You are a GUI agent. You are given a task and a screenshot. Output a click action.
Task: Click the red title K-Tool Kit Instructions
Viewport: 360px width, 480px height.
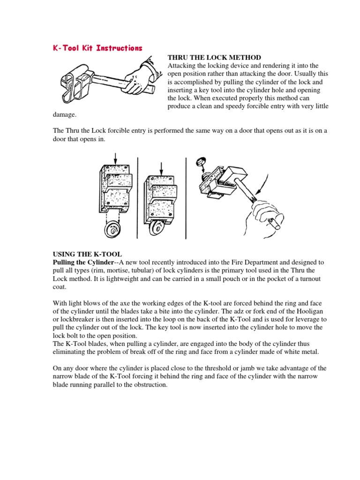tap(97, 48)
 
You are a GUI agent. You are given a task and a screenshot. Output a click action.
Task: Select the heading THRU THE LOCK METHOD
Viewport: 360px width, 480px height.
tap(214, 57)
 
